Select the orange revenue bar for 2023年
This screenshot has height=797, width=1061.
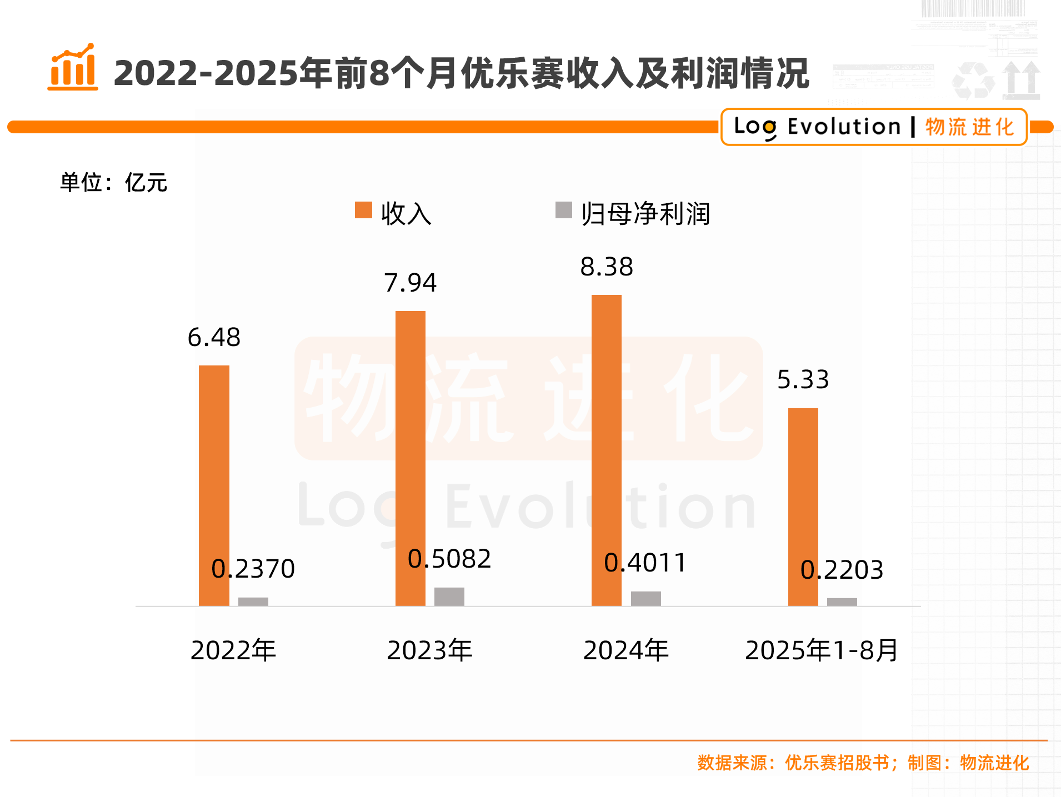tap(410, 458)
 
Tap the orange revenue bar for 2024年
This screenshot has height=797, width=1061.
tap(606, 450)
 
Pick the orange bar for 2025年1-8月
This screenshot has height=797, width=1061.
tap(803, 507)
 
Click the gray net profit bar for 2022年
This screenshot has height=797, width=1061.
tap(253, 601)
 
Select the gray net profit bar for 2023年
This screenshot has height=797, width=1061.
tap(449, 597)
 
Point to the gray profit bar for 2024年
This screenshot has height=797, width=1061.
tap(645, 598)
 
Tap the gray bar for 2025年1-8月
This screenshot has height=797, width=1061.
tap(842, 601)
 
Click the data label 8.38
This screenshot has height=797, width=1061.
tap(607, 267)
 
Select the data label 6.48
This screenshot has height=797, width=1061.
tap(214, 338)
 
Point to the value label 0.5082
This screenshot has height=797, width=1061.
tap(449, 559)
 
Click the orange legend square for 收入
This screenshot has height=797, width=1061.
tap(363, 210)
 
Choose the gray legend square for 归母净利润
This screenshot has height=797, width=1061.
tap(563, 210)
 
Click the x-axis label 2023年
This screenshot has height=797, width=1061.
tap(429, 650)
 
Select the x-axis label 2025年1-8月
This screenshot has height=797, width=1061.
tap(821, 650)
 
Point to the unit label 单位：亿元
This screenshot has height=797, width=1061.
tap(113, 183)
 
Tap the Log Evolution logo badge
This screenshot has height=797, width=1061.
tap(873, 127)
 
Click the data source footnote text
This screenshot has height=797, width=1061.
tap(863, 763)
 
